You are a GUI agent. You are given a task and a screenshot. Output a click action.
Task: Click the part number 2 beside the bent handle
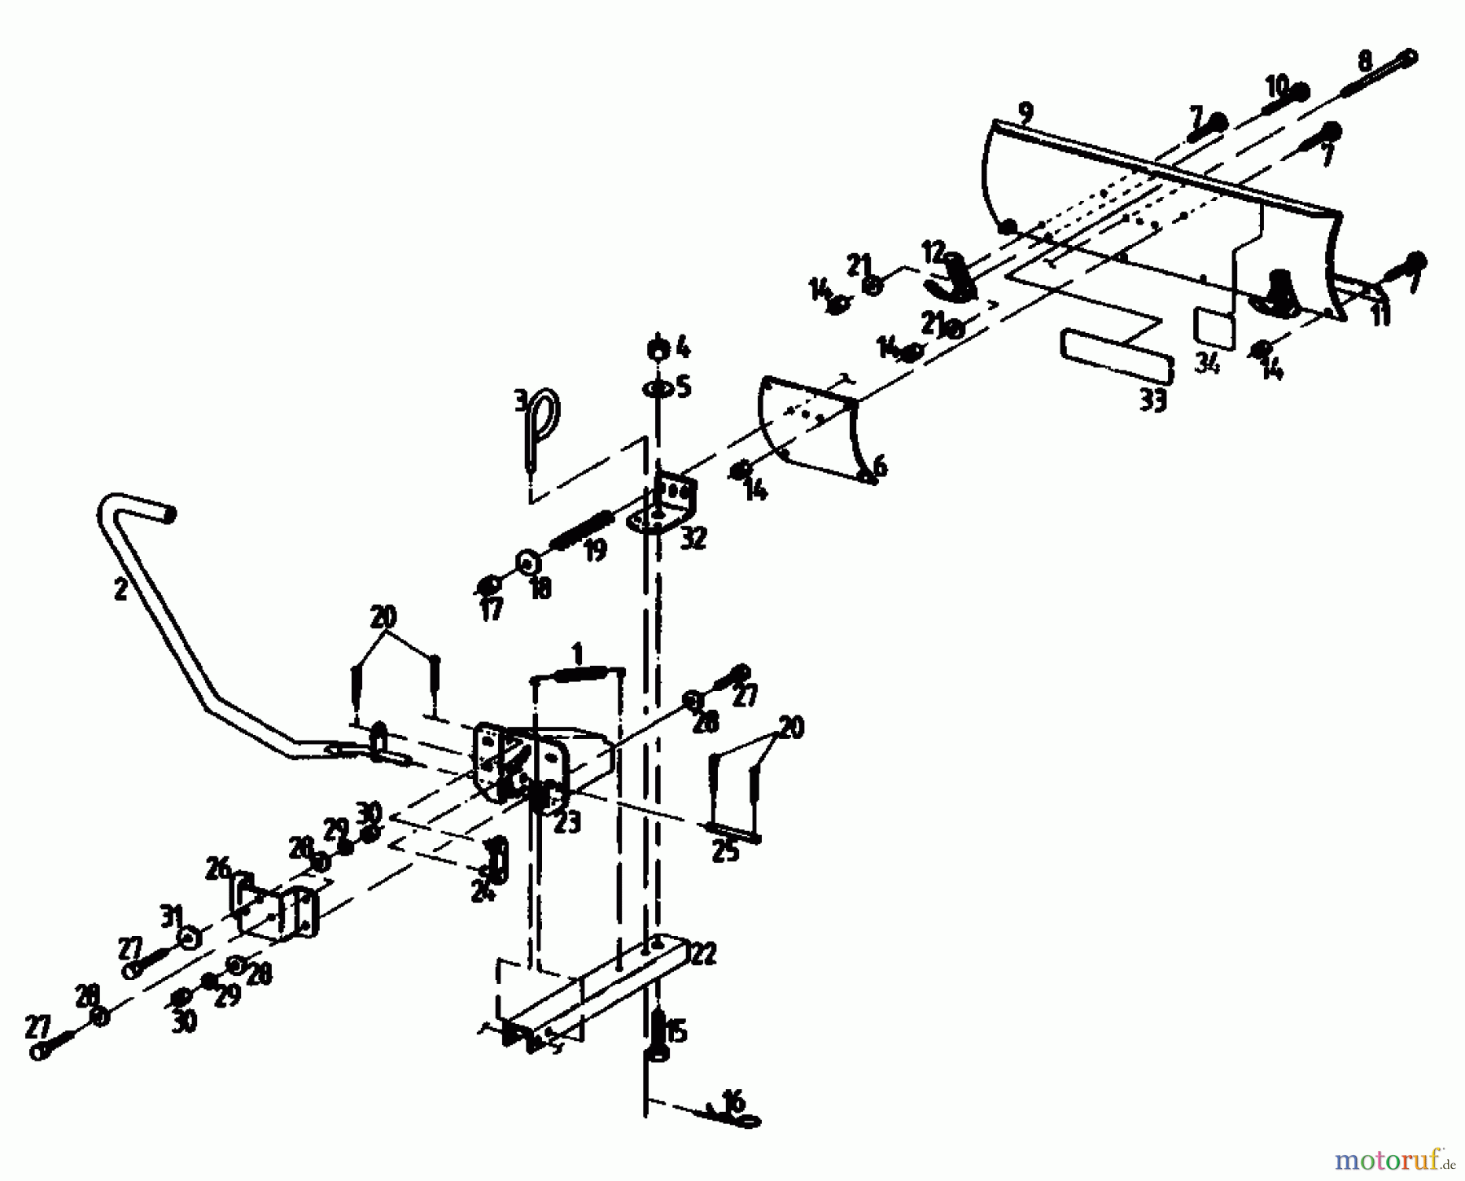(x=121, y=589)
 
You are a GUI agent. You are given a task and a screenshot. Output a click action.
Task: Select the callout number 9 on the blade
(x=1025, y=112)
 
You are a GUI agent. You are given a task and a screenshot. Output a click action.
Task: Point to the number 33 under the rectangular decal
(x=1153, y=400)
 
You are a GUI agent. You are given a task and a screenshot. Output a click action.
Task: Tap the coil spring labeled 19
(x=580, y=530)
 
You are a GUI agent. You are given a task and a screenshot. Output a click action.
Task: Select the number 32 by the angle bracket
(x=693, y=538)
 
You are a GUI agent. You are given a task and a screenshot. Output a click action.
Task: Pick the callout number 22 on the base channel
(x=703, y=953)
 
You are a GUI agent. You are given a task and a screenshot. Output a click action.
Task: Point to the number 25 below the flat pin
(x=725, y=851)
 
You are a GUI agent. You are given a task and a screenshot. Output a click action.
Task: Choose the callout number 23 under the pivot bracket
(x=566, y=822)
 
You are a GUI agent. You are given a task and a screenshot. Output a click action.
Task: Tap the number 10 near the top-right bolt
(x=1275, y=85)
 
